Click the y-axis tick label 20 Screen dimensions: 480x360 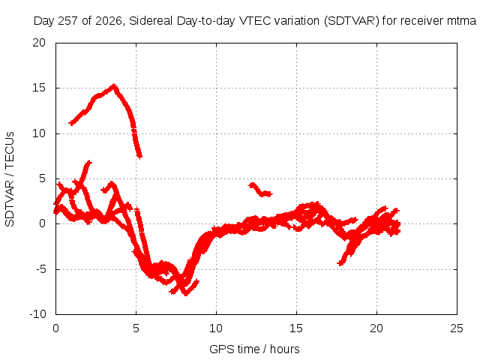[x=39, y=43]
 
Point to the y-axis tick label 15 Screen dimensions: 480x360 [x=39, y=88]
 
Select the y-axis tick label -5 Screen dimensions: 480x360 [x=40, y=269]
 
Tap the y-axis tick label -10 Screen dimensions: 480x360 [x=37, y=314]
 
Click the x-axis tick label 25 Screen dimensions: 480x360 [x=457, y=328]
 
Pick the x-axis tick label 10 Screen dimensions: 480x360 [x=216, y=328]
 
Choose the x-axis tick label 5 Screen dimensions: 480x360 [x=136, y=328]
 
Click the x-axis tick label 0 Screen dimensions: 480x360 [x=55, y=328]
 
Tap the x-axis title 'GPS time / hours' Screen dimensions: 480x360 [x=254, y=349]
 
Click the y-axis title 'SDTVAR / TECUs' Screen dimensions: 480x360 [x=10, y=179]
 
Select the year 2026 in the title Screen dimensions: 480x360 [x=109, y=22]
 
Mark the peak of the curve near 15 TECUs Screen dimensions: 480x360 [x=114, y=85]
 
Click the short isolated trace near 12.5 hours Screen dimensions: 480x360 [x=259, y=190]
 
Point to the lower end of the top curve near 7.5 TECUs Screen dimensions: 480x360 [x=139, y=157]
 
